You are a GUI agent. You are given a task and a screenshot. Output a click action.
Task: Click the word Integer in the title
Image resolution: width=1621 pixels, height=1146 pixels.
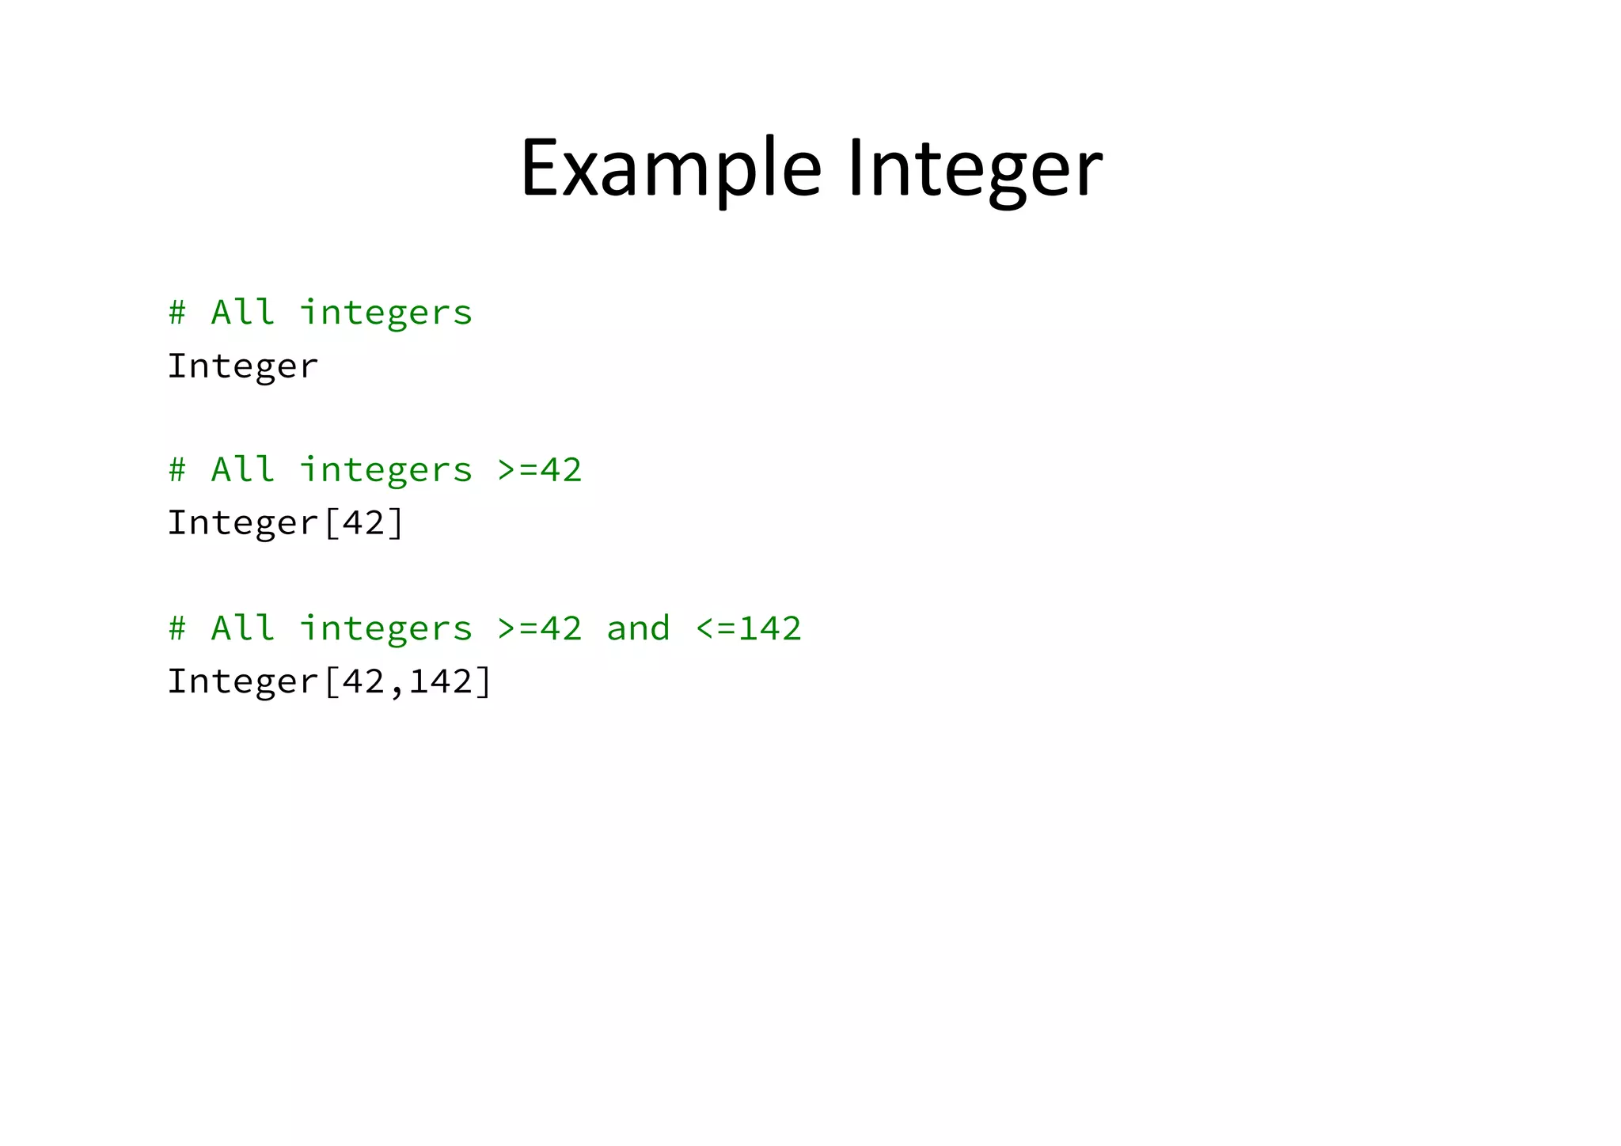[x=974, y=169]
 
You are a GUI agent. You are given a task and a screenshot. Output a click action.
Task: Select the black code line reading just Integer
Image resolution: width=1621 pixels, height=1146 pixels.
[x=242, y=366]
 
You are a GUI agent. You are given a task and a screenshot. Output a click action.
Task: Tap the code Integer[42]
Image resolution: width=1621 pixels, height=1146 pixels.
[x=286, y=523]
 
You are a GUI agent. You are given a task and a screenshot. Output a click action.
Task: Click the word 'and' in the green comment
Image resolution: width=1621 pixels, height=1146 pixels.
[x=638, y=628]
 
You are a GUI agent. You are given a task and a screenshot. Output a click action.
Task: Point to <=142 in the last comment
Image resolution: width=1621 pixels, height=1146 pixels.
[x=748, y=628]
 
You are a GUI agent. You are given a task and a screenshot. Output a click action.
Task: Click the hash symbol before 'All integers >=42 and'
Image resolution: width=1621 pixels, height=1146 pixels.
[x=177, y=628]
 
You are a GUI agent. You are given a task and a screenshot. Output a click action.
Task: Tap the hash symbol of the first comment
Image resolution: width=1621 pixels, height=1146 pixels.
[x=177, y=313]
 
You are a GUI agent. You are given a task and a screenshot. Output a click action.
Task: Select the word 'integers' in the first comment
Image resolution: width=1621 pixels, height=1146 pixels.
[x=385, y=313]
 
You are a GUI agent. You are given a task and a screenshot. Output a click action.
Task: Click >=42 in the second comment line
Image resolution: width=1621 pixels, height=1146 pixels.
[x=539, y=470]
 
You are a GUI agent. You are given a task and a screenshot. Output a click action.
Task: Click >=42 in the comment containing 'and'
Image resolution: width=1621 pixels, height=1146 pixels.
[x=539, y=628]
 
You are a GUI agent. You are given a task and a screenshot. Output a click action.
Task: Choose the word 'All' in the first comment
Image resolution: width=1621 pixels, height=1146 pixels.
[x=242, y=313]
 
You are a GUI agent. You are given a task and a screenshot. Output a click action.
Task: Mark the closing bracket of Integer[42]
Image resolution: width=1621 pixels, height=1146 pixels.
[x=396, y=523]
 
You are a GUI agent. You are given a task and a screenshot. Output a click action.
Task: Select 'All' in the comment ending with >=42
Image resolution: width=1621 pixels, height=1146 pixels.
[x=242, y=470]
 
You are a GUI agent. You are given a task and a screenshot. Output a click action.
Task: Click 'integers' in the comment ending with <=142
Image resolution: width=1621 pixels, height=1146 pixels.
[x=385, y=628]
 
